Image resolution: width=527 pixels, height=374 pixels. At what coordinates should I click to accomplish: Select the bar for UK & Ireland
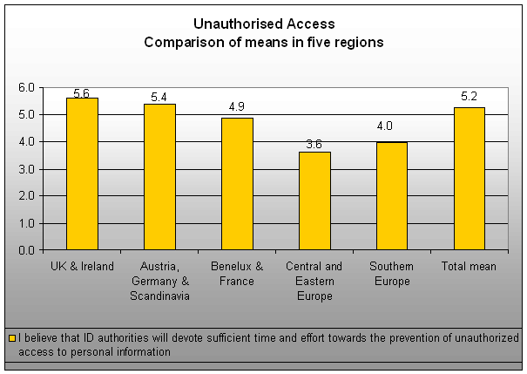tap(82, 173)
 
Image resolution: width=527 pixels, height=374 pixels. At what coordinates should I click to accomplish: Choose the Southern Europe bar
tap(392, 195)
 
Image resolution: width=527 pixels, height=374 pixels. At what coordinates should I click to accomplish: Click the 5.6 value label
tap(83, 92)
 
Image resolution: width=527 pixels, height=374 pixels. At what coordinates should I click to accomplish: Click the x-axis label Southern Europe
tap(392, 274)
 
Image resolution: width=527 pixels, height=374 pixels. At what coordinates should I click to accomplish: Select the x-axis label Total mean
tap(470, 267)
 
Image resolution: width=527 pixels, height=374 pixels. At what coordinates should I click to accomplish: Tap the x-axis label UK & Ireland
tap(82, 267)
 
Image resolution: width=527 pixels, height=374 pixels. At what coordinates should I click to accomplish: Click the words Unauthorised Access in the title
tap(264, 24)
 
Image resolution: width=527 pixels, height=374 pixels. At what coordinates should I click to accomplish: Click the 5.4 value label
tap(159, 97)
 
